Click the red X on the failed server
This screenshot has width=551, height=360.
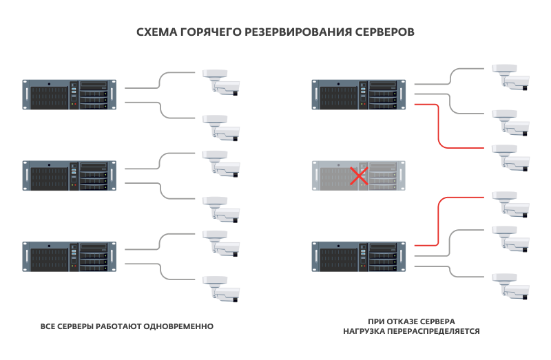click(x=359, y=176)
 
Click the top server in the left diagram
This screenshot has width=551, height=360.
click(x=70, y=94)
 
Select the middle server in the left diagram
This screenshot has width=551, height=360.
click(x=70, y=176)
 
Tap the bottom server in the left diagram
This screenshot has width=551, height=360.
click(x=70, y=256)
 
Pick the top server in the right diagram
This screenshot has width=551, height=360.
click(x=359, y=94)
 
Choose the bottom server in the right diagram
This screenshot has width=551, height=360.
click(x=359, y=256)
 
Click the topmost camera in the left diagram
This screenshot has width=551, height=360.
click(x=221, y=83)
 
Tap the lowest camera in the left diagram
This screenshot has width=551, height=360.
click(x=221, y=289)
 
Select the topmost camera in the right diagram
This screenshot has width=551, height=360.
click(x=511, y=78)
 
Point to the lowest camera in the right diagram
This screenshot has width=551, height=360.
click(x=511, y=286)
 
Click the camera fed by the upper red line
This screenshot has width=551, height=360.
click(x=511, y=158)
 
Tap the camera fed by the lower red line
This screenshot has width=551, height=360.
click(x=511, y=204)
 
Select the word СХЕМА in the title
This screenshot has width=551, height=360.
click(x=157, y=32)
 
